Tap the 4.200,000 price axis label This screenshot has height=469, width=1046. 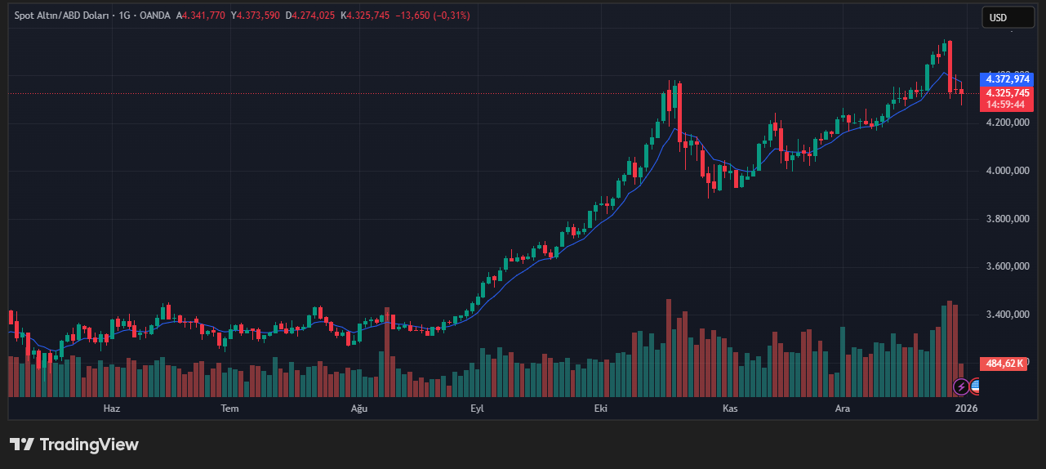(1007, 123)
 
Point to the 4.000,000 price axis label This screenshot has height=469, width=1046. (1007, 171)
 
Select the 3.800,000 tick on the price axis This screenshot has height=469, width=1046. (1007, 219)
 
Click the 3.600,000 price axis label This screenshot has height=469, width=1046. (1007, 266)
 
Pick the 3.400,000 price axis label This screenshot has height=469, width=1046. (1007, 315)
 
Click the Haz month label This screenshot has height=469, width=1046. (111, 408)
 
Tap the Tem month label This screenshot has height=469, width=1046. (230, 408)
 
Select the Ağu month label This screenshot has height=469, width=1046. (359, 408)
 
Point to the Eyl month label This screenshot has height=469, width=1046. (477, 408)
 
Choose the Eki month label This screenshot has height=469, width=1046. (602, 408)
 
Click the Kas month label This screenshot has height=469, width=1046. (730, 408)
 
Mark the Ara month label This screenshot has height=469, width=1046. (843, 408)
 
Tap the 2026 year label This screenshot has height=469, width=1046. (966, 408)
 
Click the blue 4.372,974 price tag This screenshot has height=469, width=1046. (1008, 79)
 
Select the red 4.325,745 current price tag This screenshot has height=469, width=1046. (1008, 93)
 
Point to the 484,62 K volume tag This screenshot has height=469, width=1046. (1004, 364)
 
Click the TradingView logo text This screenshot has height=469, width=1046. (74, 444)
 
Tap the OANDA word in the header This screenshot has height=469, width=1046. (154, 16)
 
